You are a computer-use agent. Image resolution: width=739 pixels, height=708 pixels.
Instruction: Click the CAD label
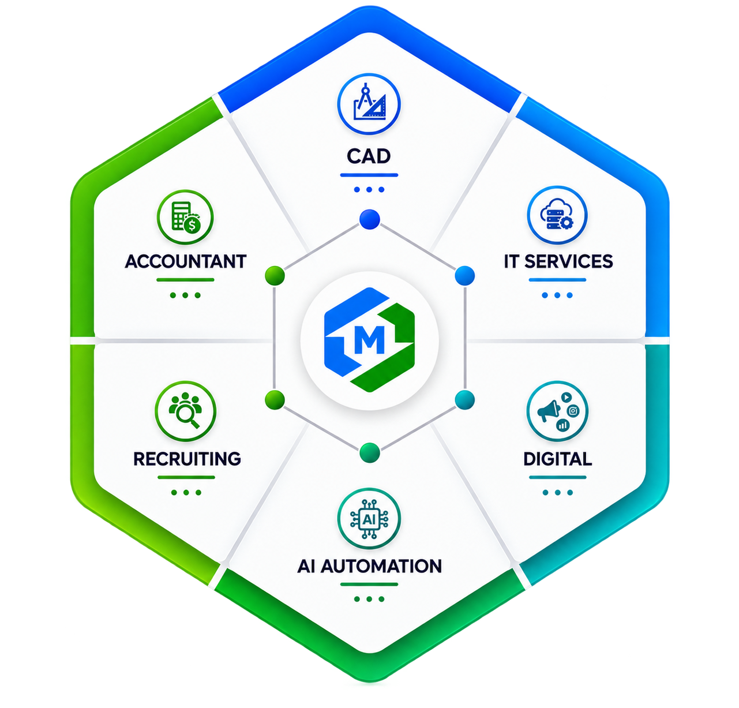tap(369, 156)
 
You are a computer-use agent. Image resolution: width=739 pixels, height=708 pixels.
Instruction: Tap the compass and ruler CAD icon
tap(369, 104)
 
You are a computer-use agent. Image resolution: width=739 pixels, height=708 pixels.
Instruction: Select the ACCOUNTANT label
tap(186, 261)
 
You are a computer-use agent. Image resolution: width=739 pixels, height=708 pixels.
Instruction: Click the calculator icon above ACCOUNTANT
tap(185, 218)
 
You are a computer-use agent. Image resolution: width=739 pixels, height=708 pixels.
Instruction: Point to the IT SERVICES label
tap(558, 261)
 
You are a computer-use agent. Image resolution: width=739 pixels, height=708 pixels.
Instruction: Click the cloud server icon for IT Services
tap(557, 215)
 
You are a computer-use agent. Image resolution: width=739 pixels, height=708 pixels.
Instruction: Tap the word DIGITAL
tap(557, 459)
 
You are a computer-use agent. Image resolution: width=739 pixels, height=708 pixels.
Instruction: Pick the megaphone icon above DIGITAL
tap(557, 411)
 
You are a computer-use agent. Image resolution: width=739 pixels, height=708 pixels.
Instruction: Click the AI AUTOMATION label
tap(369, 566)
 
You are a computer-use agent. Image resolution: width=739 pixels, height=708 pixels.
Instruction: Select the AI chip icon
tap(369, 519)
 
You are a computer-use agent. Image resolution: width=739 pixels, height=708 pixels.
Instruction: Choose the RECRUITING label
tap(187, 459)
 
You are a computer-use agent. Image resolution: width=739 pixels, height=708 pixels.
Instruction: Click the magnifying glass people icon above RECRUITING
tap(185, 411)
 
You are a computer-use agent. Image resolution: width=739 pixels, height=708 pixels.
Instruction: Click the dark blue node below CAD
tap(369, 219)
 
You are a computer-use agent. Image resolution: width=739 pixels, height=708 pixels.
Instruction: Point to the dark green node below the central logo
tap(369, 452)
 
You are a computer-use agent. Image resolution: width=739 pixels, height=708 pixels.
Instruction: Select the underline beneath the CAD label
tap(369, 175)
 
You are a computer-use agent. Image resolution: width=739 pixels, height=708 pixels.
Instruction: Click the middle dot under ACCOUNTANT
tap(185, 295)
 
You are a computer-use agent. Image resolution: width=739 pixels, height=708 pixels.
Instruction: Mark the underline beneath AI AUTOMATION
tap(369, 585)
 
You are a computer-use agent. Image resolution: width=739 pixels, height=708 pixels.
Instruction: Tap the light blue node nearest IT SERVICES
tap(464, 275)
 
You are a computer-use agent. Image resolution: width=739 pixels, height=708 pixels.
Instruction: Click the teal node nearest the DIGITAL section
tap(464, 399)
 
